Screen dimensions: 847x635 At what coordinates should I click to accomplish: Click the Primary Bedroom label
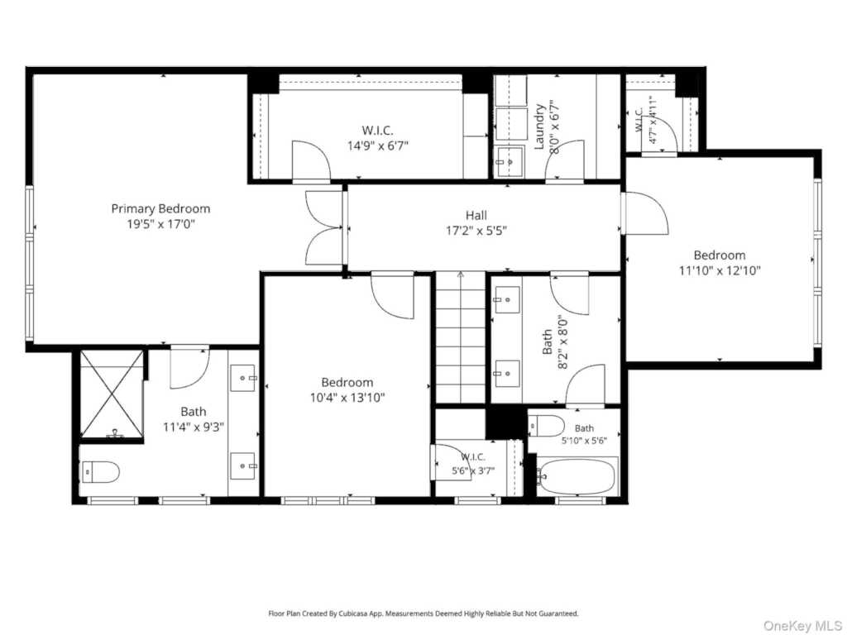160,208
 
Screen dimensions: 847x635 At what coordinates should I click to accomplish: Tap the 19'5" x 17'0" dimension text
160,223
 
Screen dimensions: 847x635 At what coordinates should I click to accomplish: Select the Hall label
476,215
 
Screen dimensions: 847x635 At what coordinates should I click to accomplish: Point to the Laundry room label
539,127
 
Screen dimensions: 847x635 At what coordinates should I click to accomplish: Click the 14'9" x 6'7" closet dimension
377,146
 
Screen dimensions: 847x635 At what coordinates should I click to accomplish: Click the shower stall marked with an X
112,394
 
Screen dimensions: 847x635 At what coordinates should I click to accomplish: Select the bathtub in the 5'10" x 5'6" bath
577,476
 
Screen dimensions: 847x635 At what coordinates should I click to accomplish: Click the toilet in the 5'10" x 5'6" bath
547,426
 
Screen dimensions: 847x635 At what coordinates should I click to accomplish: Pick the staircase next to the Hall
460,337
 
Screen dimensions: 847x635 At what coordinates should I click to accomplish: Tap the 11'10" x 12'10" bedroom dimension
720,270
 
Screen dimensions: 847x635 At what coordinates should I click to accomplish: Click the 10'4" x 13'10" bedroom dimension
347,398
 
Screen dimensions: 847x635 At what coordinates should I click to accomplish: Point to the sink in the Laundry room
509,161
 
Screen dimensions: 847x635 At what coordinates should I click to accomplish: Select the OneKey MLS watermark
802,625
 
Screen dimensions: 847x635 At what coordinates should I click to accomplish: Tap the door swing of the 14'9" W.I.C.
311,160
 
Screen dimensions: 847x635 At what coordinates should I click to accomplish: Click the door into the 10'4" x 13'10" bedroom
393,295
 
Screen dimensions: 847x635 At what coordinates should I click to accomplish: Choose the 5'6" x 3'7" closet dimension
473,470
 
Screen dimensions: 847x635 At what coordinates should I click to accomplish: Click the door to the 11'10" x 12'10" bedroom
645,214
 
